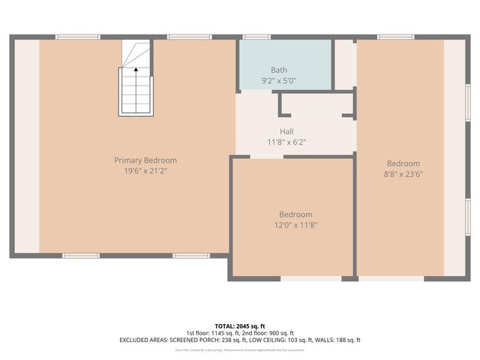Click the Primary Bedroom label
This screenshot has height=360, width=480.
[145, 160]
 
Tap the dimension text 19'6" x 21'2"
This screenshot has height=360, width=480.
[145, 170]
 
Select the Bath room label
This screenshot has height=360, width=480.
[268, 70]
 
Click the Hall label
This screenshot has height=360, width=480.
[286, 131]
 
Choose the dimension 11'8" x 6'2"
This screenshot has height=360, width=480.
[286, 142]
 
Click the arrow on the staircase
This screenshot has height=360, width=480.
[136, 70]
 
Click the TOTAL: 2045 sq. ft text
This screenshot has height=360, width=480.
[240, 326]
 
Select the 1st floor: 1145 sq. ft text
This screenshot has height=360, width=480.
[212, 333]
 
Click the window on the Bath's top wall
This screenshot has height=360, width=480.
[257, 37]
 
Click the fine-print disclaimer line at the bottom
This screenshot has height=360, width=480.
[240, 349]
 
